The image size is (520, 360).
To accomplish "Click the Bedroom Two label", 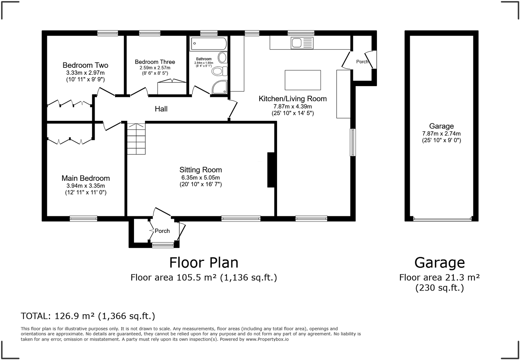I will click(85, 65).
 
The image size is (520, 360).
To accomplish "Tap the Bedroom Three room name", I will click(155, 62).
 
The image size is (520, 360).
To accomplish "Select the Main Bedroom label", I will click(86, 178).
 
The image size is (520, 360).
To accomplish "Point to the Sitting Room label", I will click(200, 170).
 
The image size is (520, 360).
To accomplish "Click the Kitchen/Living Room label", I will click(293, 99).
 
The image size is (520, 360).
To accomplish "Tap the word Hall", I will click(161, 109).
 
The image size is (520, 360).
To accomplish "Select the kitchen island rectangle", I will click(303, 80).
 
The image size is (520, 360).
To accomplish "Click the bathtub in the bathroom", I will click(208, 44).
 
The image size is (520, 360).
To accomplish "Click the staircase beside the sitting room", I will click(136, 139).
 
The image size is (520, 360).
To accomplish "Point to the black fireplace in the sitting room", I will click(271, 170).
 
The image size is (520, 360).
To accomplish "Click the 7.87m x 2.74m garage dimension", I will click(441, 133).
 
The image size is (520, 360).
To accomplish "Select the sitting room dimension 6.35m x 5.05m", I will click(200, 178).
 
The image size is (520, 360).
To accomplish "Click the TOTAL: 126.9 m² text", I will click(88, 316).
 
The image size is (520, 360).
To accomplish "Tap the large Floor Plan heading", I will click(204, 263).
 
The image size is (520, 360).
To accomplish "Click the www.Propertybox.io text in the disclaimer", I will click(267, 339).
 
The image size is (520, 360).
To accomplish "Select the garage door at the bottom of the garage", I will click(442, 219).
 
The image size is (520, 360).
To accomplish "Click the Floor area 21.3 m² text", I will click(439, 277).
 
